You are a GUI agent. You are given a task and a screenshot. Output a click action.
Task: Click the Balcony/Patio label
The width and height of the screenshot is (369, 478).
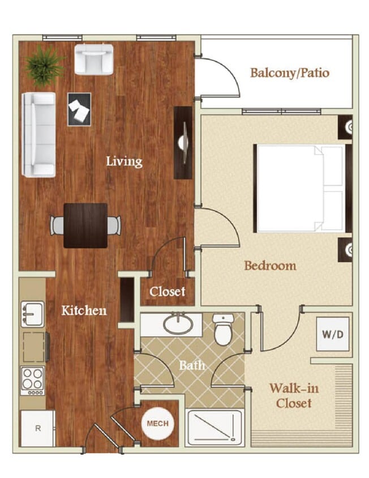pyautogui.click(x=289, y=73)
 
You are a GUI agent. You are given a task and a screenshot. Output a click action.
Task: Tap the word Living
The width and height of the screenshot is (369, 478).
pyautogui.click(x=124, y=161)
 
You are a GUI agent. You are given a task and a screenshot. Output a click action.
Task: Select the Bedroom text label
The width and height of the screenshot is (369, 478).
pyautogui.click(x=270, y=266)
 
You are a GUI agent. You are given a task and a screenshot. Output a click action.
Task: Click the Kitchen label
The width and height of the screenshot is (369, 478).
pyautogui.click(x=84, y=310)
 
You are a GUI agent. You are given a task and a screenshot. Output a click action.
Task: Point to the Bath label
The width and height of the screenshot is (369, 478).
pyautogui.click(x=192, y=365)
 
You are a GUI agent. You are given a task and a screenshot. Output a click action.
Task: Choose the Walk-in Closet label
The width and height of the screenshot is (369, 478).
pyautogui.click(x=290, y=396)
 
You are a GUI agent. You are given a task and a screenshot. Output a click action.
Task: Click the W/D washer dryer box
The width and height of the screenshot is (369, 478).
pyautogui.click(x=332, y=334)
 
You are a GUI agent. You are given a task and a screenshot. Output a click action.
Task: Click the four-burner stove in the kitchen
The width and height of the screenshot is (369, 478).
pyautogui.click(x=32, y=381)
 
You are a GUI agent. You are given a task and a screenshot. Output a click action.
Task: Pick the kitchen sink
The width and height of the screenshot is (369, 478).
pyautogui.click(x=32, y=314)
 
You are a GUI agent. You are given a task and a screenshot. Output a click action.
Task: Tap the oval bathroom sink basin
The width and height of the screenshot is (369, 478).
pyautogui.click(x=178, y=325)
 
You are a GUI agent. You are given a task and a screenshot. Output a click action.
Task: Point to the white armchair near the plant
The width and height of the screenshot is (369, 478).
pyautogui.click(x=93, y=58)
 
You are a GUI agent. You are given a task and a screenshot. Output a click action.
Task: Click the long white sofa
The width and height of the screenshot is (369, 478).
pyautogui.click(x=38, y=134)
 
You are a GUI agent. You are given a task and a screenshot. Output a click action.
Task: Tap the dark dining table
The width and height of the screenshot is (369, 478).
pyautogui.click(x=85, y=225)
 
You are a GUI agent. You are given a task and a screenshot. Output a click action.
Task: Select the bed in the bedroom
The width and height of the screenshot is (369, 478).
pyautogui.click(x=300, y=188)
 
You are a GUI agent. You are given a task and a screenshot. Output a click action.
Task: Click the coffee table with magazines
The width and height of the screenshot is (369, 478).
pyautogui.click(x=79, y=109)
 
